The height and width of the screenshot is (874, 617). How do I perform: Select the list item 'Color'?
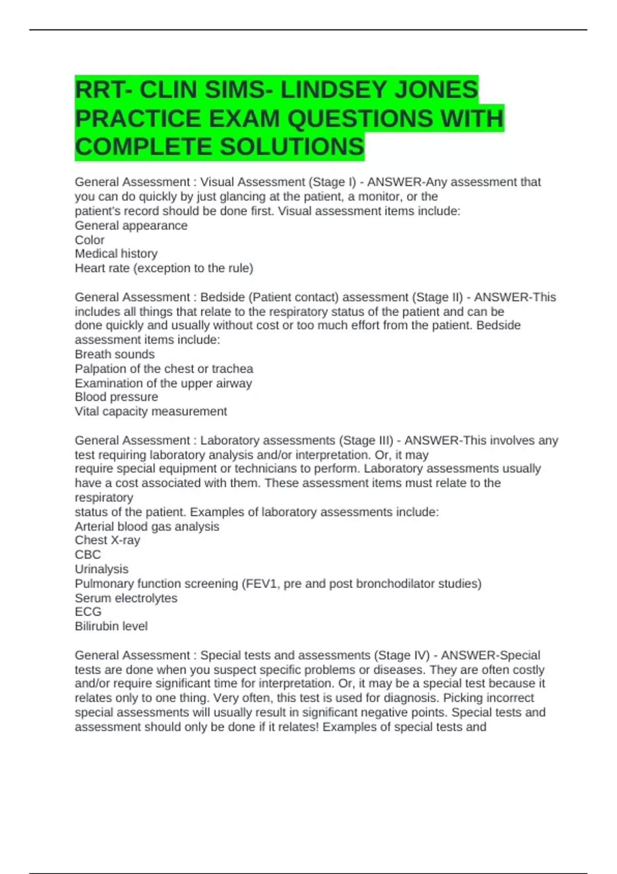[x=89, y=240]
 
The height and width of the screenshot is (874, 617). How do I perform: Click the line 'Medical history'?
[x=116, y=253]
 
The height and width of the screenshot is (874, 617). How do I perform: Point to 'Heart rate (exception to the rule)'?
[x=164, y=268]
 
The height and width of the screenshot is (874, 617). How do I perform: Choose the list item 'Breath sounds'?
[x=115, y=354]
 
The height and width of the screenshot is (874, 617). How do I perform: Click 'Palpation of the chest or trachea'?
[x=164, y=369]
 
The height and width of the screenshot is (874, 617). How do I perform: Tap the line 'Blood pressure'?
[x=116, y=397]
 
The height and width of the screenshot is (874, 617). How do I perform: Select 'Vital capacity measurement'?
[x=151, y=411]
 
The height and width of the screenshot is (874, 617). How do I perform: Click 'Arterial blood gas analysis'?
[x=147, y=526]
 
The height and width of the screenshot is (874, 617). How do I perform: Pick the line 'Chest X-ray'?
[x=107, y=540]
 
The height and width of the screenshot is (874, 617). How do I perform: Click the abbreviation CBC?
[x=88, y=555]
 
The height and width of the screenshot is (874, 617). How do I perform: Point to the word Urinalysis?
[x=101, y=569]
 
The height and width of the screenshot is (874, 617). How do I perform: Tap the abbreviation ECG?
[x=88, y=612]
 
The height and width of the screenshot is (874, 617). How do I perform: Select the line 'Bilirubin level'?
[x=111, y=626]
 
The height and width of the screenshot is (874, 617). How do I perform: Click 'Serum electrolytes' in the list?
[x=126, y=598]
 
